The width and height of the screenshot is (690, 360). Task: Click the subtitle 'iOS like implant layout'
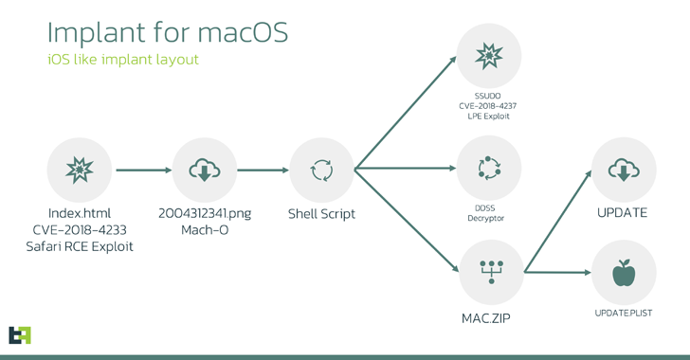(123, 59)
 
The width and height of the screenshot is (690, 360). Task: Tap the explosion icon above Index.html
(80, 170)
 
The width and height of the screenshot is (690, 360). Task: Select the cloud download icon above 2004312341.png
(205, 170)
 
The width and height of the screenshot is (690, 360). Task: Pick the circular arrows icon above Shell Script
(321, 170)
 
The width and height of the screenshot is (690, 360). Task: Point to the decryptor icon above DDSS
(488, 169)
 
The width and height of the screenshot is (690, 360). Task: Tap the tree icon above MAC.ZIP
(488, 271)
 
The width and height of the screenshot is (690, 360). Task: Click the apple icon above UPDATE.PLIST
(624, 273)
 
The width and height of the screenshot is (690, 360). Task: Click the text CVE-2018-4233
(80, 229)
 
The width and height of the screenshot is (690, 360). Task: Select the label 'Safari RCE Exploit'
(80, 245)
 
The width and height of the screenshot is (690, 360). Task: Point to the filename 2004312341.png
(205, 213)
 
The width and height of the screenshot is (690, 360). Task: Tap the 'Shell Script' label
(321, 213)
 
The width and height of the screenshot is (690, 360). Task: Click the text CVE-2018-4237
(488, 105)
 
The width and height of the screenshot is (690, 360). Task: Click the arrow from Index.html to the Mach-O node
(142, 171)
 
